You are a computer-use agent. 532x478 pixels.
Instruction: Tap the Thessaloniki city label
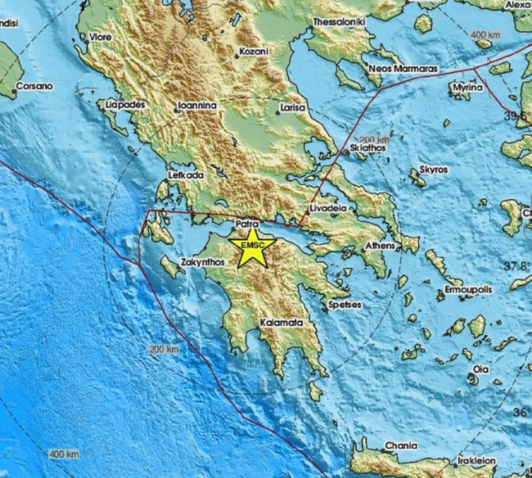click(341, 22)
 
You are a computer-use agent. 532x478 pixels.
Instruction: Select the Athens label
click(381, 246)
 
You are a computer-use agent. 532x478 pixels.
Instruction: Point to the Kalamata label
click(281, 324)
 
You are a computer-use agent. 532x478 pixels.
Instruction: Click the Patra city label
click(248, 224)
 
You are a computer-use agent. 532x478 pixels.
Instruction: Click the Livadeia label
click(327, 208)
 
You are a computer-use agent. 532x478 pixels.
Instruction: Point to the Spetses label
click(344, 304)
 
